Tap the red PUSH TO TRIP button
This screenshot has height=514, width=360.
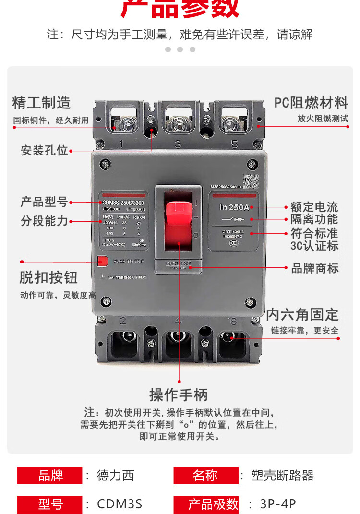(102, 261)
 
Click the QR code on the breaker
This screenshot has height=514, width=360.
(251, 181)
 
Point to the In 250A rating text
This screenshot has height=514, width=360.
(234, 207)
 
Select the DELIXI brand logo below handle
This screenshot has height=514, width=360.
(178, 264)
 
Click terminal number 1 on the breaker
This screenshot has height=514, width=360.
(121, 143)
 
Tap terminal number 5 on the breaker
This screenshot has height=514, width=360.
(235, 143)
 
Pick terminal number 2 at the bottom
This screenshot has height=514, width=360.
(123, 321)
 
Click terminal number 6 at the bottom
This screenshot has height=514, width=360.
(234, 321)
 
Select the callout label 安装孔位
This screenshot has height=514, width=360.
(44, 150)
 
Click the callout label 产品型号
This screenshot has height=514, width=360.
(44, 202)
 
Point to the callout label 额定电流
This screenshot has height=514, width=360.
(314, 207)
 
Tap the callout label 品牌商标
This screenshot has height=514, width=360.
(315, 268)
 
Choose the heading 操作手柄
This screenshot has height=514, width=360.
(179, 395)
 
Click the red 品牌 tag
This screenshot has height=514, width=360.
(50, 476)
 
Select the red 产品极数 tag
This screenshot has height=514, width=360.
(206, 504)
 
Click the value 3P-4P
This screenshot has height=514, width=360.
(278, 504)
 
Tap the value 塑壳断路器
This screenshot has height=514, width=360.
(283, 476)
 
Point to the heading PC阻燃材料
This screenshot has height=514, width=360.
(311, 102)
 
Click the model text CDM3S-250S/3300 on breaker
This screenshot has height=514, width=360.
(123, 203)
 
